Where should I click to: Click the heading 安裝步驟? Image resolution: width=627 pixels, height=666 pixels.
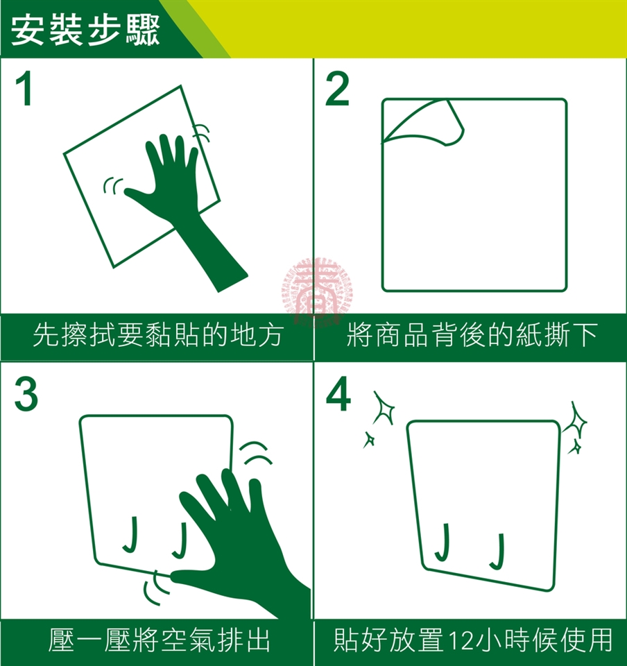85,30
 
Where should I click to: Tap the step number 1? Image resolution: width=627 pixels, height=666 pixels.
24,89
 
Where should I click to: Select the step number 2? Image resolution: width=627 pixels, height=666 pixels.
338,89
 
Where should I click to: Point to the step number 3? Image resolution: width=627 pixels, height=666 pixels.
26,395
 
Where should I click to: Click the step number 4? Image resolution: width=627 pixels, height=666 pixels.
338,394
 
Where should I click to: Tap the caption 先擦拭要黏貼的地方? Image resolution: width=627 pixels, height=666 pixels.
157,335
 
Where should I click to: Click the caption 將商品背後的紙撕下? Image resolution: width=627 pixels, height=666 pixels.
472,335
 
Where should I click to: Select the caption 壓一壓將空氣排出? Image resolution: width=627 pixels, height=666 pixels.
160,640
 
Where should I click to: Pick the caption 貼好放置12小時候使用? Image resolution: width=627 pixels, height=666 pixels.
472,640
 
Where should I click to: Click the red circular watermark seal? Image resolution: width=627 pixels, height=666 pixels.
317,292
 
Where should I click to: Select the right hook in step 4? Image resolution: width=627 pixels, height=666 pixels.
498,552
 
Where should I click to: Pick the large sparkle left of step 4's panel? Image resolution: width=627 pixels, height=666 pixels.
384,408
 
